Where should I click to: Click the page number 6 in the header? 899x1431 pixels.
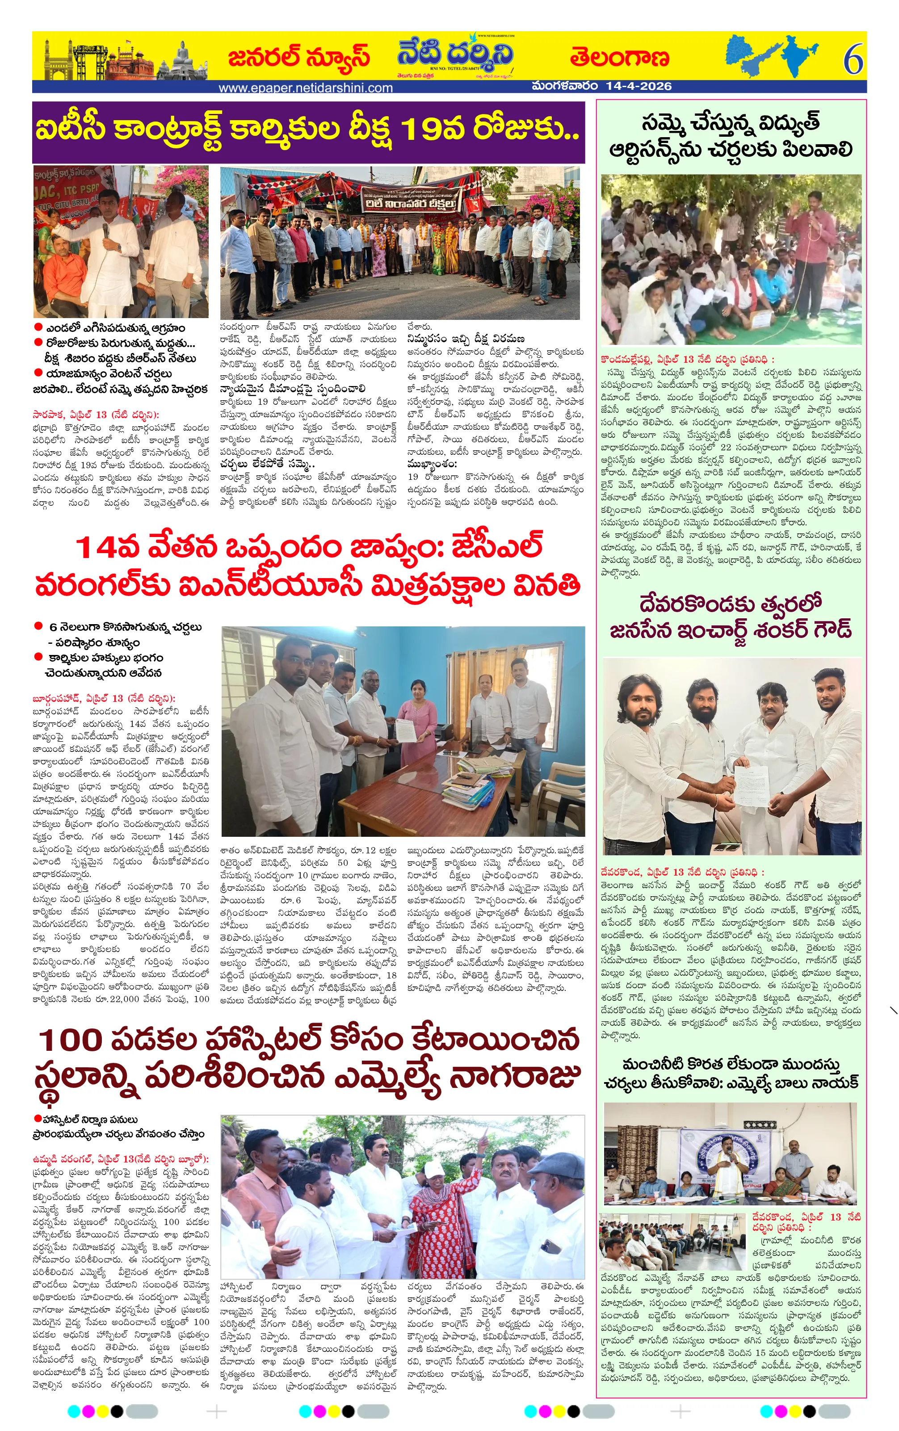(853, 59)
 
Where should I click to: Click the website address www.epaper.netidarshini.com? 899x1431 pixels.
(306, 88)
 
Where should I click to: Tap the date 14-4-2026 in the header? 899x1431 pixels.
(639, 86)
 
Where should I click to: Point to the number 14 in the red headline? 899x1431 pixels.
(97, 547)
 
